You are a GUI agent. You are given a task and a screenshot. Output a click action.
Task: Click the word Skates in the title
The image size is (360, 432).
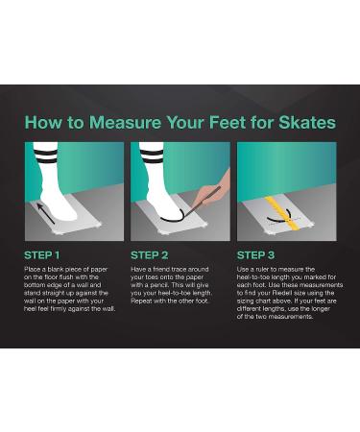pyautogui.click(x=304, y=123)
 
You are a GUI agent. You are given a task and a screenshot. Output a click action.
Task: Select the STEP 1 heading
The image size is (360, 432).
pyautogui.click(x=42, y=255)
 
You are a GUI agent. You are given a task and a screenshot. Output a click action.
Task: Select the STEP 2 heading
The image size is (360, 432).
pyautogui.click(x=151, y=255)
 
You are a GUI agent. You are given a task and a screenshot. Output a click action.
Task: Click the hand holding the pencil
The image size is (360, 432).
pyautogui.click(x=218, y=190)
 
